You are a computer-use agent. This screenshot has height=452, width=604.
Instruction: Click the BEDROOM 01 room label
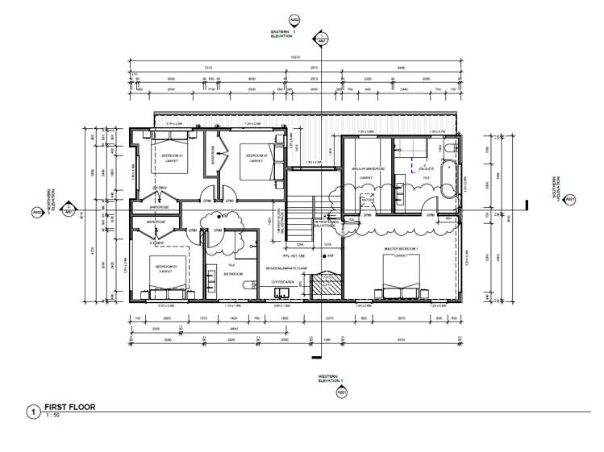[174, 156]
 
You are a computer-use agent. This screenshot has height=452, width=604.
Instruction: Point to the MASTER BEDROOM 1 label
[402, 249]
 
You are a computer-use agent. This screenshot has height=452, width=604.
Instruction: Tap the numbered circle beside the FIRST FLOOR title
[32, 412]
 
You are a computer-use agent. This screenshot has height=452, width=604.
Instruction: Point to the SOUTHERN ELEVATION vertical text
[554, 189]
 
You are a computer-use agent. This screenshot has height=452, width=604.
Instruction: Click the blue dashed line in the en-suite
[416, 166]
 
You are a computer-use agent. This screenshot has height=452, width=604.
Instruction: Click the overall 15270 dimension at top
[295, 57]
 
